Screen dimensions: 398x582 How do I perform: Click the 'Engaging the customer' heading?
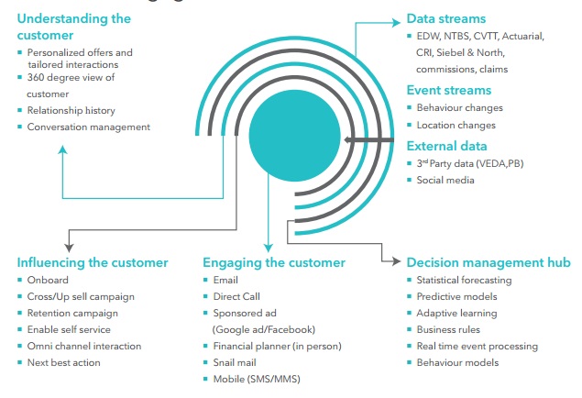tap(274, 262)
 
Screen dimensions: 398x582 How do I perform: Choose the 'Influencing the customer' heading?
tap(92, 262)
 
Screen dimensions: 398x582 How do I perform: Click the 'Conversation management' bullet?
tap(89, 127)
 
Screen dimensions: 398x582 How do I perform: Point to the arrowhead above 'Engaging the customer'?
tap(267, 246)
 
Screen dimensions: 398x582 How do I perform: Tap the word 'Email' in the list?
tap(225, 280)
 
